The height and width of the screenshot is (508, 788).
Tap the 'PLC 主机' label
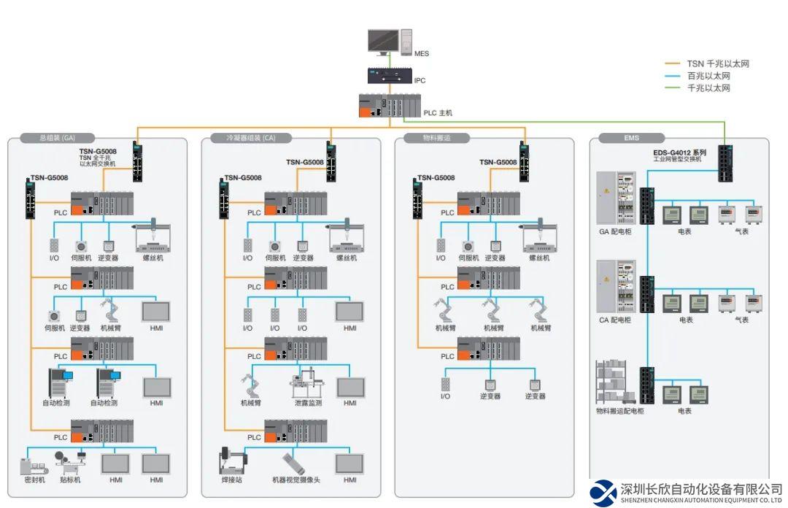pos(439,113)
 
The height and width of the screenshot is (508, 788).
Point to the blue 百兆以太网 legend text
pos(708,76)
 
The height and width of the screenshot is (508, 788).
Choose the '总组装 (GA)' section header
pos(58,137)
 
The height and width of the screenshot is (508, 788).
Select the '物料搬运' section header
pos(437,137)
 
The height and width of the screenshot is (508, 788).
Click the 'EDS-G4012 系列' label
pos(679,153)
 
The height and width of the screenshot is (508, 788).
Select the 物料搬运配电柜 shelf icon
pos(614,382)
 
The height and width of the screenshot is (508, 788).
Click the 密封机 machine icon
pos(34,465)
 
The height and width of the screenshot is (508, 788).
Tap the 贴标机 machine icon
pos(70,462)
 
